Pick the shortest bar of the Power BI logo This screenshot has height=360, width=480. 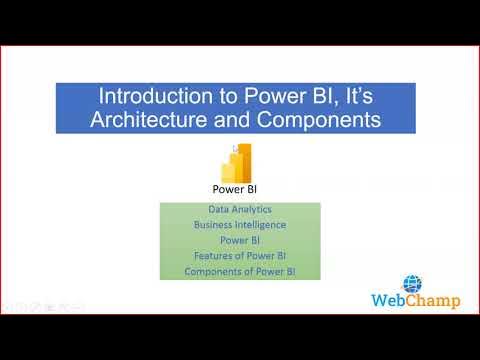(227, 172)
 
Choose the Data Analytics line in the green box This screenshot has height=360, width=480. (240, 211)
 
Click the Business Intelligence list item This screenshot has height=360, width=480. (240, 226)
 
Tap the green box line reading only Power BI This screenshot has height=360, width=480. (240, 241)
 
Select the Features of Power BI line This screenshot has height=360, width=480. (240, 256)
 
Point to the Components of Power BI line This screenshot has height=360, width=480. (240, 271)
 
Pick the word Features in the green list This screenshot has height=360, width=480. (215, 256)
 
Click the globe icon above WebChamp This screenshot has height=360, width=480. (412, 283)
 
